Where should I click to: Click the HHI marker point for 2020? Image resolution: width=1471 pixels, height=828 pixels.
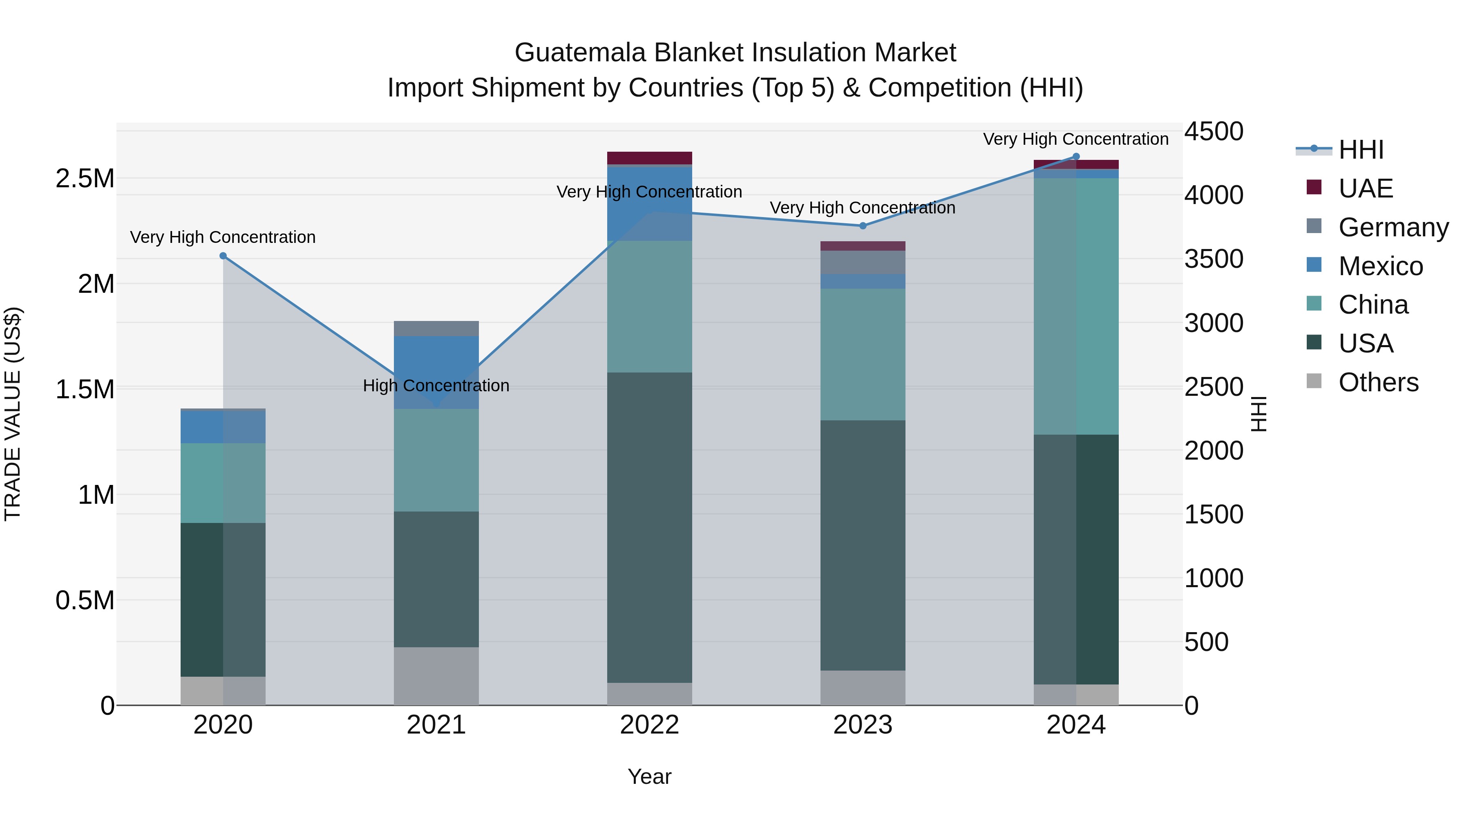coord(223,256)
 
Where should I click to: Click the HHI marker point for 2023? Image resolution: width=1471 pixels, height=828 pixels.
coord(863,226)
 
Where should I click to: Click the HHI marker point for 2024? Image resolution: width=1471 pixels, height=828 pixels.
coord(1076,157)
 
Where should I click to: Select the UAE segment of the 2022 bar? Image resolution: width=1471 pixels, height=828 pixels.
coord(649,158)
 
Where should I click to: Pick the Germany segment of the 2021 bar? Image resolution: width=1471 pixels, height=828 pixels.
coord(436,329)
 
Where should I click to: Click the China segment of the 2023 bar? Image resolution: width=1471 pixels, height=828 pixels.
coord(863,354)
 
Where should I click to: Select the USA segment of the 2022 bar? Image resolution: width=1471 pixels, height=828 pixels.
coord(649,527)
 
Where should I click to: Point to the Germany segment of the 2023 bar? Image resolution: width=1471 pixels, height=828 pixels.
coord(863,262)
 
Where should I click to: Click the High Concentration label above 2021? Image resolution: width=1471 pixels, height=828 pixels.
coord(436,386)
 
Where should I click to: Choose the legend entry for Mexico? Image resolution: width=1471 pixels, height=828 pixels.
coord(1380,266)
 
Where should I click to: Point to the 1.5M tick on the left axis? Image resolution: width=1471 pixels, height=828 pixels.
coord(85,390)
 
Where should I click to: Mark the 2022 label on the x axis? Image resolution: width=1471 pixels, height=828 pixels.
coord(649,725)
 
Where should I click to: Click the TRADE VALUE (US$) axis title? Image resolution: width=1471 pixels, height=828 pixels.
coord(13,414)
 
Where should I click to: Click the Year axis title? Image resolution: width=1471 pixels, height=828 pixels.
coord(649,776)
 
